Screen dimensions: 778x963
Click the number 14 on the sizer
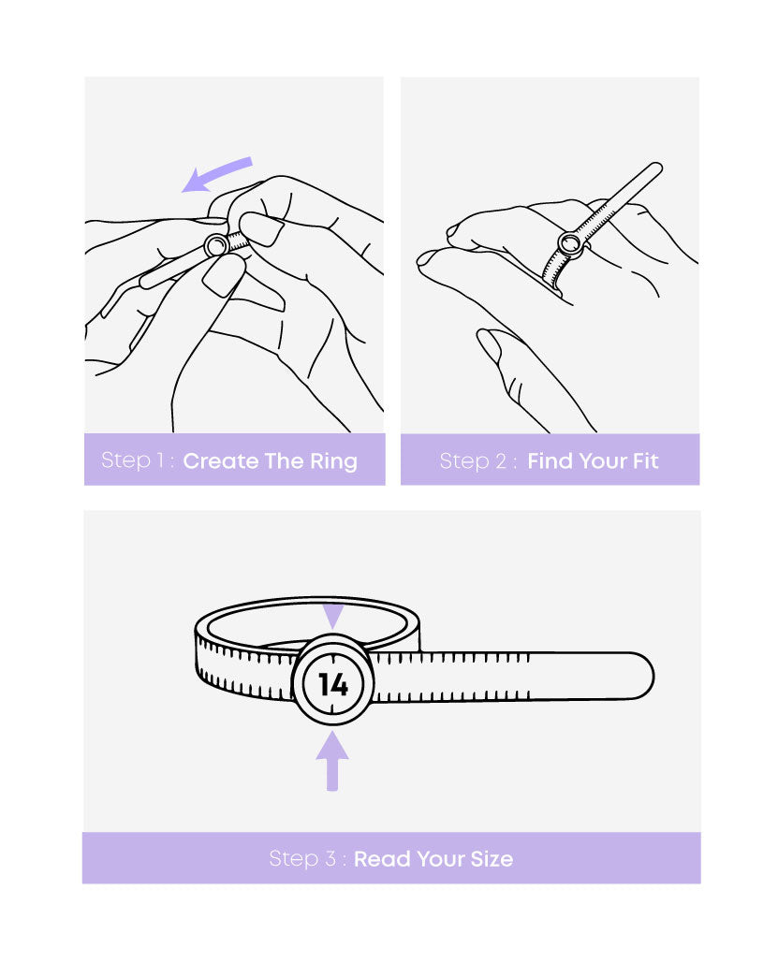tap(333, 683)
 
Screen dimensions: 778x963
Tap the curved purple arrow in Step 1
tap(215, 172)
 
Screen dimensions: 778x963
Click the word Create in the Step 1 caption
tap(221, 460)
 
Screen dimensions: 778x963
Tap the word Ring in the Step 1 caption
tap(333, 461)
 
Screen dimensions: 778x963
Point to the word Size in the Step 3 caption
tap(492, 858)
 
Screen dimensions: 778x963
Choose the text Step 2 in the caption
tap(473, 460)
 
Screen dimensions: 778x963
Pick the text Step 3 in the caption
tap(302, 858)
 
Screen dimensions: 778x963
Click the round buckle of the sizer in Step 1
tap(216, 245)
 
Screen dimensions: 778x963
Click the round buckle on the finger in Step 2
tap(570, 244)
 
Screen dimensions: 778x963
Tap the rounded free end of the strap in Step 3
tap(642, 677)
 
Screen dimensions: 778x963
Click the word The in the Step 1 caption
tap(284, 460)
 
